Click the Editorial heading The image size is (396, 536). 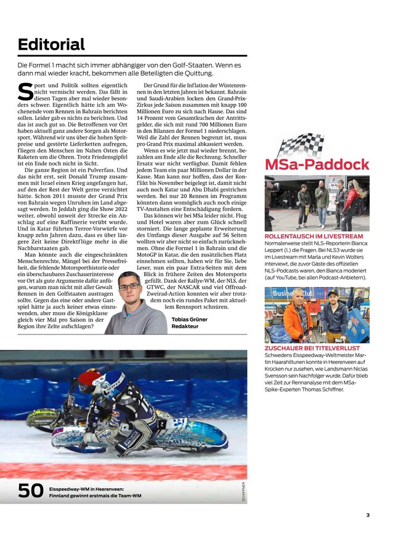click(51, 44)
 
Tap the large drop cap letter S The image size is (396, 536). click(25, 91)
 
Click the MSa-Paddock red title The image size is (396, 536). click(317, 165)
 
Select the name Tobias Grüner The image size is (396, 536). click(189, 320)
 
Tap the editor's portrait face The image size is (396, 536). click(129, 288)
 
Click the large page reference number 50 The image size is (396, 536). click(30, 490)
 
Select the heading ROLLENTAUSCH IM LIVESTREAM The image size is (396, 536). click(313, 236)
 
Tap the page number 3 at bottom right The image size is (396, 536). click(368, 515)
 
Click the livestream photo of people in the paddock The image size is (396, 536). click(317, 203)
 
